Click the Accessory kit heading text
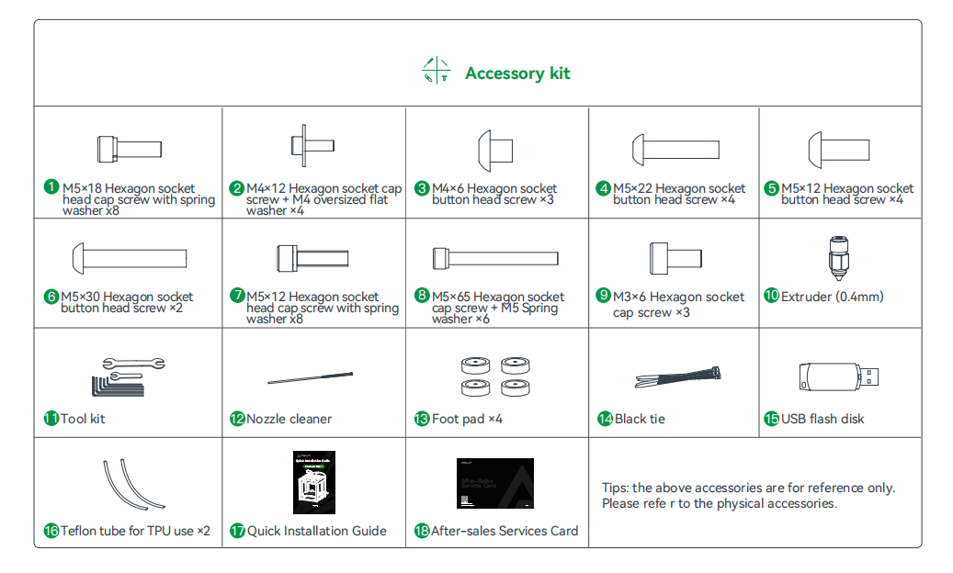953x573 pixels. pyautogui.click(x=517, y=73)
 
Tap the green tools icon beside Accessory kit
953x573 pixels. pyautogui.click(x=436, y=72)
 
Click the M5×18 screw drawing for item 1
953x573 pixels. pyautogui.click(x=129, y=149)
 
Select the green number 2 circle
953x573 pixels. pyautogui.click(x=237, y=188)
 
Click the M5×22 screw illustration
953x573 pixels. pyautogui.click(x=674, y=149)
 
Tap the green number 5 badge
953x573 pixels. pyautogui.click(x=772, y=188)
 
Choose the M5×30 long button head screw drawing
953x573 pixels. pyautogui.click(x=129, y=257)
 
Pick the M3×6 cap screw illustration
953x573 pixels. pyautogui.click(x=675, y=255)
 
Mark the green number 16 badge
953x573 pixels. pyautogui.click(x=51, y=531)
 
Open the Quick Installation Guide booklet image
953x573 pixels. pyautogui.click(x=314, y=482)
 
